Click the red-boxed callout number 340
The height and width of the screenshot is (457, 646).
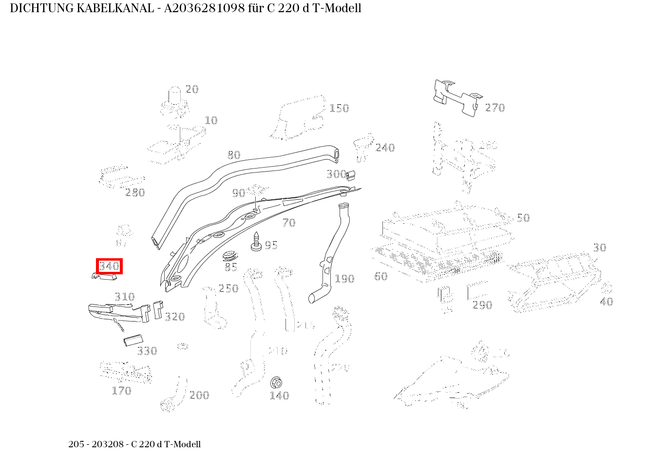coord(109,266)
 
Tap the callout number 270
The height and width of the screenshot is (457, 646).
coord(494,108)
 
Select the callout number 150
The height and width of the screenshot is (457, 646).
coord(339,108)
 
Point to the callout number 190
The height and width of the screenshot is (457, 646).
coord(344,279)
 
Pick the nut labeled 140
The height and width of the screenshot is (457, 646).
coord(276,382)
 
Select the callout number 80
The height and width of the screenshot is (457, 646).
coord(234,155)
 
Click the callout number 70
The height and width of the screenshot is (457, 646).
coord(289,223)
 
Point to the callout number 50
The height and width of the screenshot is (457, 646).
coord(523,218)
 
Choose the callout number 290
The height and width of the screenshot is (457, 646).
coord(482,305)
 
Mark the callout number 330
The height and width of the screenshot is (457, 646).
coord(147,351)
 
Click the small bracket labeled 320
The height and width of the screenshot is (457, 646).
coord(158,309)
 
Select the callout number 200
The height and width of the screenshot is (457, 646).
coord(199,395)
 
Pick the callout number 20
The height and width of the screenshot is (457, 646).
coord(192,89)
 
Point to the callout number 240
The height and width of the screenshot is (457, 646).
coord(385,148)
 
